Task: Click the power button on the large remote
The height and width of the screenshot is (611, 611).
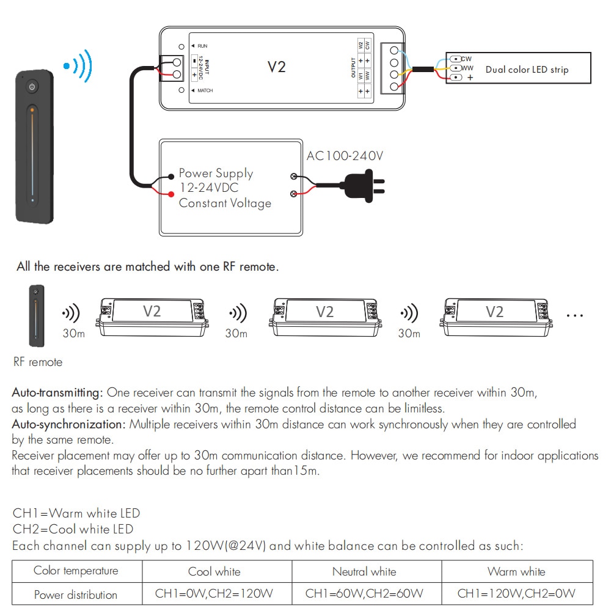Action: [32, 87]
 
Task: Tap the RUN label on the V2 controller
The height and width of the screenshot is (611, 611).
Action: [202, 46]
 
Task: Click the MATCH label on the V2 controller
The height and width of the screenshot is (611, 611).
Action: [205, 90]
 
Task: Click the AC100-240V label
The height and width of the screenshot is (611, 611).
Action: [345, 156]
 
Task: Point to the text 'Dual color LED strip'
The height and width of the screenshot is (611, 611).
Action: [527, 70]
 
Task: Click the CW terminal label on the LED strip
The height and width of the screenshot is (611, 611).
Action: [467, 59]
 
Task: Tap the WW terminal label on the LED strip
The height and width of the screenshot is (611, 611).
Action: [467, 68]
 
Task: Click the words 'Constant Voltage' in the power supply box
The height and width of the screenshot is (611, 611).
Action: [225, 203]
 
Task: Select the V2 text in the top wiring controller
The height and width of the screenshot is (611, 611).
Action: [276, 67]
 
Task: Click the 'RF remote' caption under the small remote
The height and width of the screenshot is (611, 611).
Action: [38, 362]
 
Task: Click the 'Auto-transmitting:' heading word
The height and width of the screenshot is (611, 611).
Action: [58, 392]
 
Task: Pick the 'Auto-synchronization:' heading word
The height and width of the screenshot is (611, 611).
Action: [69, 424]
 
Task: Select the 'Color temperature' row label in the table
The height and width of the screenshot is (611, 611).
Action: [76, 571]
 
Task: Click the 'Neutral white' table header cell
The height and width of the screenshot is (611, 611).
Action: [364, 572]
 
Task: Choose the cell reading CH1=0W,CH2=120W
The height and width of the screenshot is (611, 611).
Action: [214, 594]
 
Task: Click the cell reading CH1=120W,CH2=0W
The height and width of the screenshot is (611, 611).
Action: [516, 594]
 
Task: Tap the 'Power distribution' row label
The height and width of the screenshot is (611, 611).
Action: [76, 595]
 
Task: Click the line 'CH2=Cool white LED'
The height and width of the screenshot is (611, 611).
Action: [73, 529]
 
